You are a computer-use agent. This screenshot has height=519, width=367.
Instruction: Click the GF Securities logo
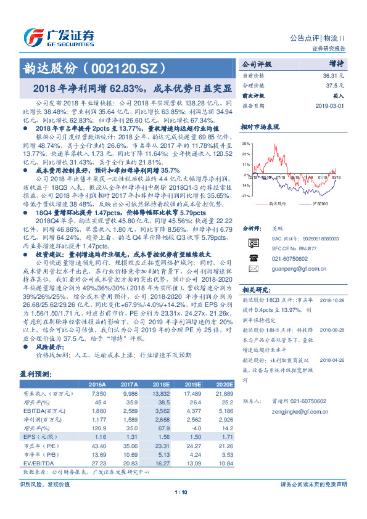tap(59, 36)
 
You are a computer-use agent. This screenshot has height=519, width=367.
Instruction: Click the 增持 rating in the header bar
tap(336, 63)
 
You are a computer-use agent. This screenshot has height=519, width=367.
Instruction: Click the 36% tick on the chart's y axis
tap(245, 143)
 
